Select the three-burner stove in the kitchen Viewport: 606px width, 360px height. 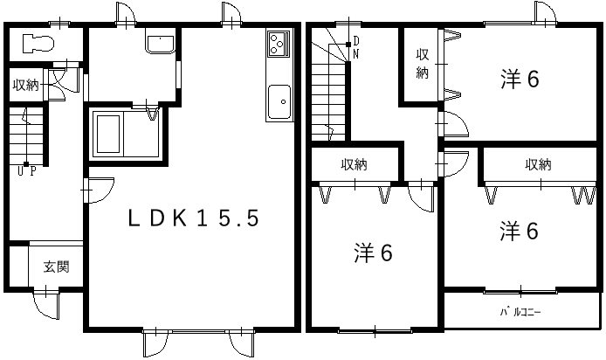[x=279, y=43]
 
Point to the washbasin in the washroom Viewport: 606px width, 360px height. [x=160, y=43]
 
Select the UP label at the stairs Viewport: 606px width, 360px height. [x=26, y=171]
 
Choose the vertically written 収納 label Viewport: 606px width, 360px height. [x=422, y=64]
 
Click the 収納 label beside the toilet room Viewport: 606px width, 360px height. [x=25, y=85]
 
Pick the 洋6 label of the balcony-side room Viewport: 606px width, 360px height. [x=519, y=231]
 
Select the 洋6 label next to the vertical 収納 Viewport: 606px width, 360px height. [x=519, y=79]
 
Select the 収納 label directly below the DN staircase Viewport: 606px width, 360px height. [x=354, y=163]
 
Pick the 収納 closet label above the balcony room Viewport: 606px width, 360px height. [x=538, y=163]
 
